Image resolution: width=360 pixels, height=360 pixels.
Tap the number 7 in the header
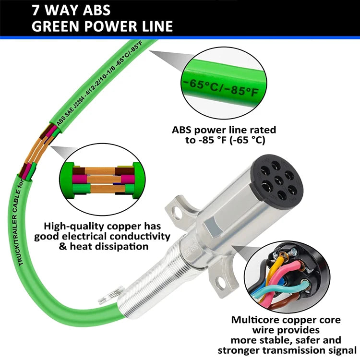[36, 10]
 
